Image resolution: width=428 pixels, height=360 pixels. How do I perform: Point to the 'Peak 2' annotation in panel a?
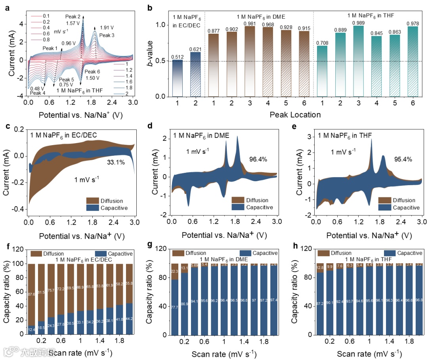tap(73, 17)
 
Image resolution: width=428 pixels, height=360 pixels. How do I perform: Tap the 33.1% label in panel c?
tap(115, 162)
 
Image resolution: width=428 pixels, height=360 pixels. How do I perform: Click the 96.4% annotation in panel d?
tap(258, 159)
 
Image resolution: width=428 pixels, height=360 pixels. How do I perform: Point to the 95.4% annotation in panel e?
tap(403, 159)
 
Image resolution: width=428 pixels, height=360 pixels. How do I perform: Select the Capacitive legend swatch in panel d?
tap(238, 207)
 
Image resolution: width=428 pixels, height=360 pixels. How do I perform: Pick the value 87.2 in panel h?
tap(320, 308)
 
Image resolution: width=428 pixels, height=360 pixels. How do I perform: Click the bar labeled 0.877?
tap(214, 65)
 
